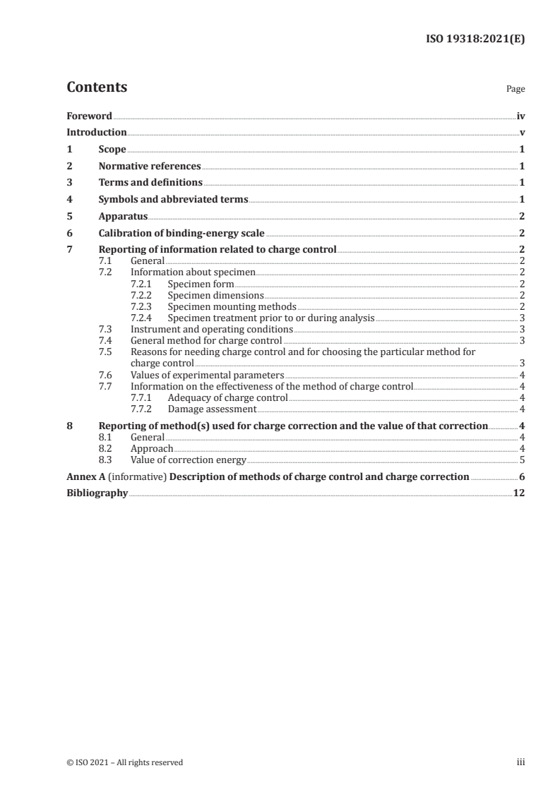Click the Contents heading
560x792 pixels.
(97, 88)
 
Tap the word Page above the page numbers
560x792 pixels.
(516, 90)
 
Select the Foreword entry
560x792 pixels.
(89, 116)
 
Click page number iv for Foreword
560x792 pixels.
(520, 116)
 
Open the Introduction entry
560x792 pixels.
(97, 133)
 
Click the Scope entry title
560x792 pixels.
(112, 150)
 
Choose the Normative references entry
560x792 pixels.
(150, 167)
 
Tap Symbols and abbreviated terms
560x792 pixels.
(173, 200)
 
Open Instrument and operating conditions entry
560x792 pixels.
(212, 329)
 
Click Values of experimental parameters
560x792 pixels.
(208, 375)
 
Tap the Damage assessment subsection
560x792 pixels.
(212, 409)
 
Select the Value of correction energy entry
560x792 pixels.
(189, 460)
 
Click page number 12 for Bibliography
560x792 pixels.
(519, 493)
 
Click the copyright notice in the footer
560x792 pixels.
(125, 762)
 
